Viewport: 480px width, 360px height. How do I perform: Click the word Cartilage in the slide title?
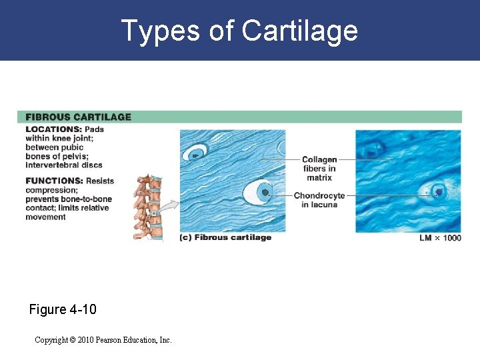(300, 31)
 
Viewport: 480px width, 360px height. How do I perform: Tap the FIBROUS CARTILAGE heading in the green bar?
(79, 117)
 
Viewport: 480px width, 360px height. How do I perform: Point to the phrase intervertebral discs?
(64, 165)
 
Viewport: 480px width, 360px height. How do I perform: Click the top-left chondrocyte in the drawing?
(196, 154)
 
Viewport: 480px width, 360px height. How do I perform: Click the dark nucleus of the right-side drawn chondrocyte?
(265, 193)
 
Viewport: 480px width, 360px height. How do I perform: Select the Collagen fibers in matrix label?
(319, 169)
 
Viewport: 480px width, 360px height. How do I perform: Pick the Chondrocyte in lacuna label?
(319, 200)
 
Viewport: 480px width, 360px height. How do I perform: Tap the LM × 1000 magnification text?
(440, 238)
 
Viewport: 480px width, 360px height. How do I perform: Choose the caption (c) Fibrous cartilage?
(226, 237)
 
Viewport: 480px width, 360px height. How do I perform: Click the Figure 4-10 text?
(63, 309)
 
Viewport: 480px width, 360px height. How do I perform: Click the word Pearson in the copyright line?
(113, 340)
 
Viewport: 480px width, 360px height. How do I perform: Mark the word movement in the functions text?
(46, 217)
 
